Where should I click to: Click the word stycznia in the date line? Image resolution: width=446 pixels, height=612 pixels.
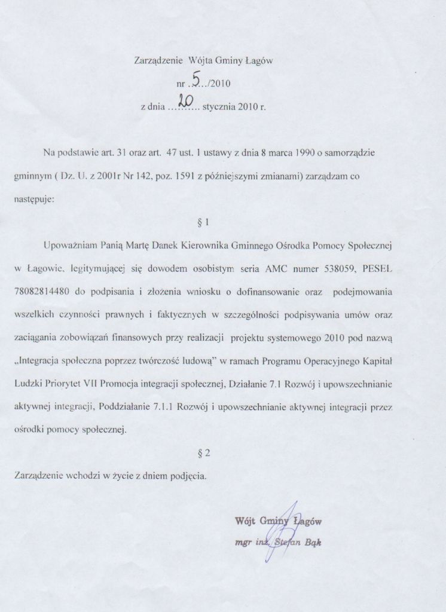(x=219, y=109)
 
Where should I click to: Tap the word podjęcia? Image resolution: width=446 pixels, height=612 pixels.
(x=188, y=476)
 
